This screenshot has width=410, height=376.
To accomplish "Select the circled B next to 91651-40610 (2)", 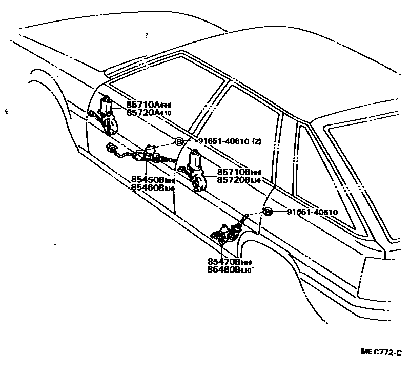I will click(179, 142).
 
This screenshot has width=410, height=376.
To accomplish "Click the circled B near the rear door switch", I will click(268, 212).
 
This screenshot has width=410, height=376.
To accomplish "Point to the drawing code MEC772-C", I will click(380, 352).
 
